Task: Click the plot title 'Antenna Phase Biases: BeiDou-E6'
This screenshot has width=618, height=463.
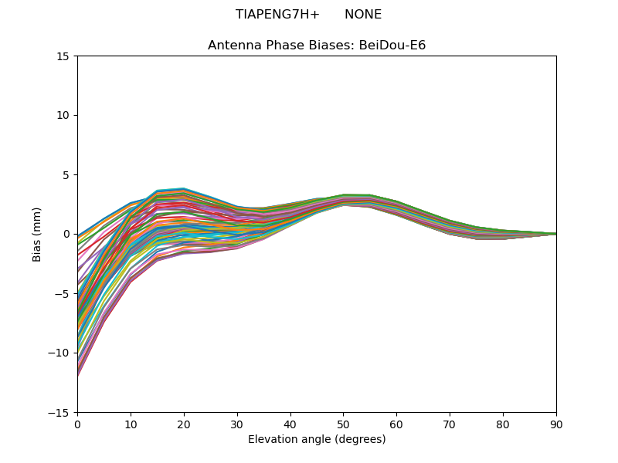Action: (x=317, y=46)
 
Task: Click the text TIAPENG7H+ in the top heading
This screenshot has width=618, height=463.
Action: (x=277, y=15)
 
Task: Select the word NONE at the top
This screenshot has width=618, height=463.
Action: (x=363, y=15)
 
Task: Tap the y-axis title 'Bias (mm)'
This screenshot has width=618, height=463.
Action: (x=36, y=235)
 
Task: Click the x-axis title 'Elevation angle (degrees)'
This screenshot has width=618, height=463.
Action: (x=317, y=439)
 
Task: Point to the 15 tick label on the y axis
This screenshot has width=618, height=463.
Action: (x=63, y=56)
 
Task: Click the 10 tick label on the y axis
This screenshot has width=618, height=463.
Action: (x=63, y=115)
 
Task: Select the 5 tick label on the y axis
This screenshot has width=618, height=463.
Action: (x=66, y=175)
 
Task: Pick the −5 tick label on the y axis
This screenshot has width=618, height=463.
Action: (x=60, y=294)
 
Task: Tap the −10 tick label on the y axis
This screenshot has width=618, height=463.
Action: (x=58, y=353)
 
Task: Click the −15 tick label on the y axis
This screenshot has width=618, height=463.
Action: (x=58, y=412)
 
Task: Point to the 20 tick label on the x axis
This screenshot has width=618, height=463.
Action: (x=184, y=424)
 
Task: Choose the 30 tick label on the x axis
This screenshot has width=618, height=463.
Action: (x=237, y=424)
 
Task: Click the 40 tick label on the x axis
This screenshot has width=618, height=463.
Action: (x=290, y=424)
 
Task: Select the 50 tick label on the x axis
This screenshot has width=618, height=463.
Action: (x=344, y=424)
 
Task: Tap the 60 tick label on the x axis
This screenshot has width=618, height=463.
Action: (x=396, y=424)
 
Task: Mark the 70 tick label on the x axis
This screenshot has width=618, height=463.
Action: (x=450, y=424)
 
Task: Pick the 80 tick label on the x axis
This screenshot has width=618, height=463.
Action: (x=503, y=424)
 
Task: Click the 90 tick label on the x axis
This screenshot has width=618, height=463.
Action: (x=556, y=424)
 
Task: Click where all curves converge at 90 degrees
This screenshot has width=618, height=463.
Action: (x=556, y=234)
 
